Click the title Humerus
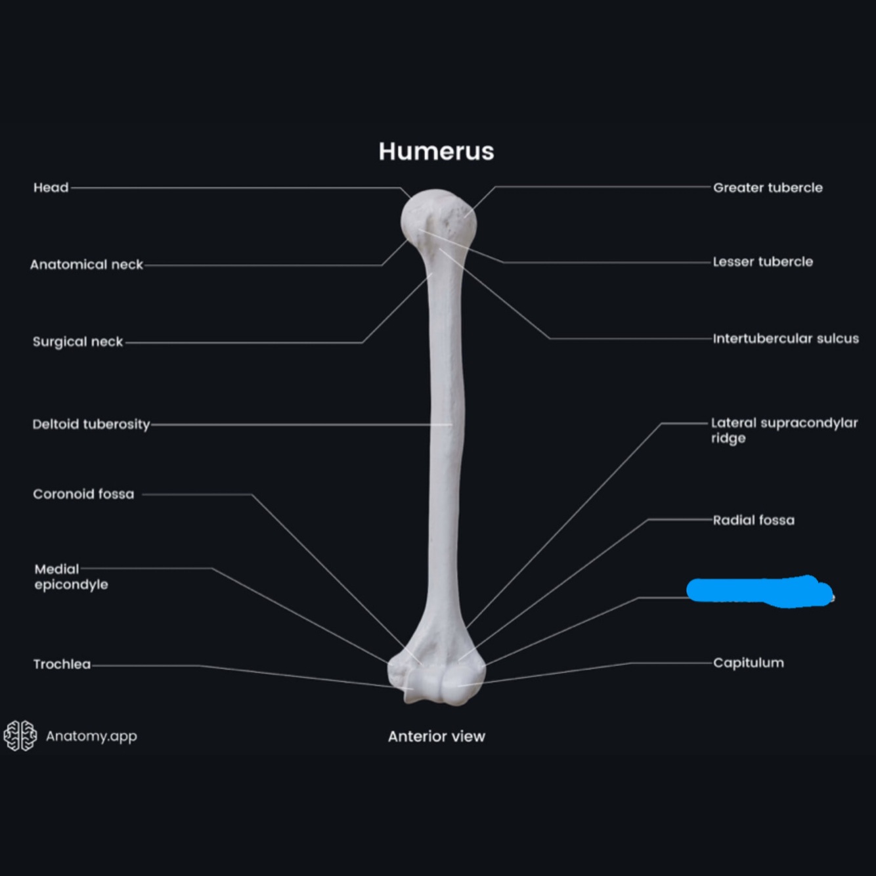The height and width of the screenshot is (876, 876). (x=436, y=152)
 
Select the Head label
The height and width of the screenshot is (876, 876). (x=51, y=188)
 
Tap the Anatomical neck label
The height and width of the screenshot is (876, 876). (x=86, y=265)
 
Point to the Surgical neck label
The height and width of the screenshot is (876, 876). (x=77, y=342)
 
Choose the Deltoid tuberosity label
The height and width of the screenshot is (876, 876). (x=91, y=424)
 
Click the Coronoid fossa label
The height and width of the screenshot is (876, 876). (x=83, y=494)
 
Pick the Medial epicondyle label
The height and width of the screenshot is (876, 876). (x=71, y=577)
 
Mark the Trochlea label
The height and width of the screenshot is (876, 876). (x=62, y=664)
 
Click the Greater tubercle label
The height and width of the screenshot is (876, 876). (x=768, y=188)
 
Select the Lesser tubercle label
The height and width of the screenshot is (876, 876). (x=762, y=262)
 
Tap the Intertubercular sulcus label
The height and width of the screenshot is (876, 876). (x=785, y=339)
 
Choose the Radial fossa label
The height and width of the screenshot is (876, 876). (x=753, y=520)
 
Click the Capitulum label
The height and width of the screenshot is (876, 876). (x=748, y=663)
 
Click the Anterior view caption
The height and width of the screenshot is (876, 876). (x=436, y=737)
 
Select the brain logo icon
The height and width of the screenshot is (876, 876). (x=20, y=735)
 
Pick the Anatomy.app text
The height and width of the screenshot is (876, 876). (x=91, y=736)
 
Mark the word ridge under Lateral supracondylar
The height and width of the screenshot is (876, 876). (x=728, y=438)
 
